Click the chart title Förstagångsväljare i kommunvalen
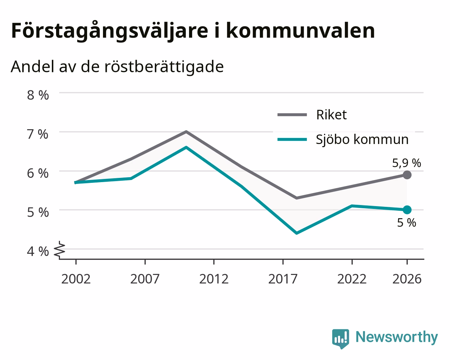tap(193, 31)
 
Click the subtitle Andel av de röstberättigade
tap(117, 67)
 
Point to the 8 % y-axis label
tap(38, 95)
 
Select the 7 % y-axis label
tap(38, 134)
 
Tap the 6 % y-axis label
tap(38, 174)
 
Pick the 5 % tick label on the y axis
tap(38, 212)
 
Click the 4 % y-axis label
tap(38, 251)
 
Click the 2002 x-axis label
tap(76, 279)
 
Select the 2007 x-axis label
tap(145, 279)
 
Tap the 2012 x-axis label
tap(214, 279)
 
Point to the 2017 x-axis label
tap(283, 279)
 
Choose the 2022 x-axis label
tap(352, 279)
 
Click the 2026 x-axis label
tap(407, 279)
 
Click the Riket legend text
tap(332, 115)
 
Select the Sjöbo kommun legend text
tap(362, 140)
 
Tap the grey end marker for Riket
tap(407, 175)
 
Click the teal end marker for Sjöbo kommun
tap(407, 210)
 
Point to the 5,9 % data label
tap(407, 163)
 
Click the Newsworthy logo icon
tap(341, 338)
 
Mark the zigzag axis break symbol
tap(60, 250)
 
